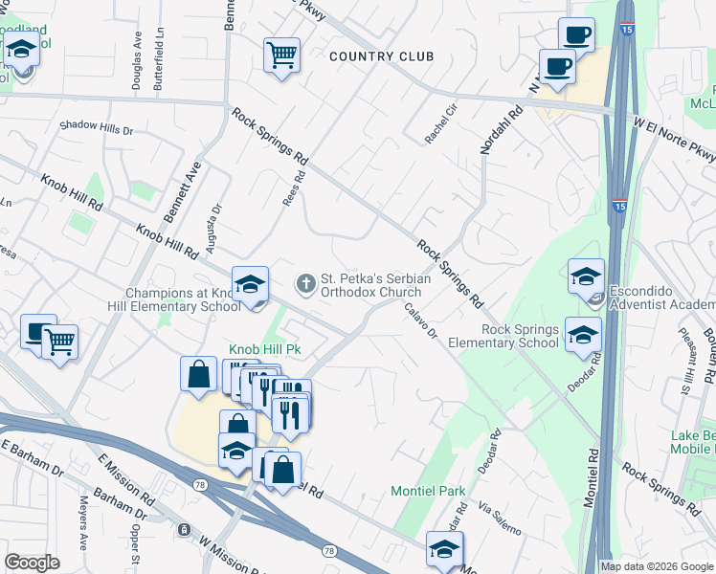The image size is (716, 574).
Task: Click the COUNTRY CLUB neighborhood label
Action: click(x=381, y=56)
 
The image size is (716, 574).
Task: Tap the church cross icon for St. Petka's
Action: click(x=305, y=282)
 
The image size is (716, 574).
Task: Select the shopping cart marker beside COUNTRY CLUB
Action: click(x=281, y=55)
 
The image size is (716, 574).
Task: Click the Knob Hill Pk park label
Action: click(x=264, y=350)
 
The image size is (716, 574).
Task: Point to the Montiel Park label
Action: click(x=428, y=491)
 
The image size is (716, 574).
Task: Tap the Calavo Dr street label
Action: click(x=420, y=321)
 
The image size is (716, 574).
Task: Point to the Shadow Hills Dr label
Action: click(x=96, y=127)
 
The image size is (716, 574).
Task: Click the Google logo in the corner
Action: click(x=32, y=562)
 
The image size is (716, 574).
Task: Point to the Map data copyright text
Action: click(x=656, y=566)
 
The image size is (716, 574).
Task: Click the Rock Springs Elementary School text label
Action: click(x=520, y=336)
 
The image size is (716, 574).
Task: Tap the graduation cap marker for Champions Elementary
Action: click(x=250, y=286)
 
